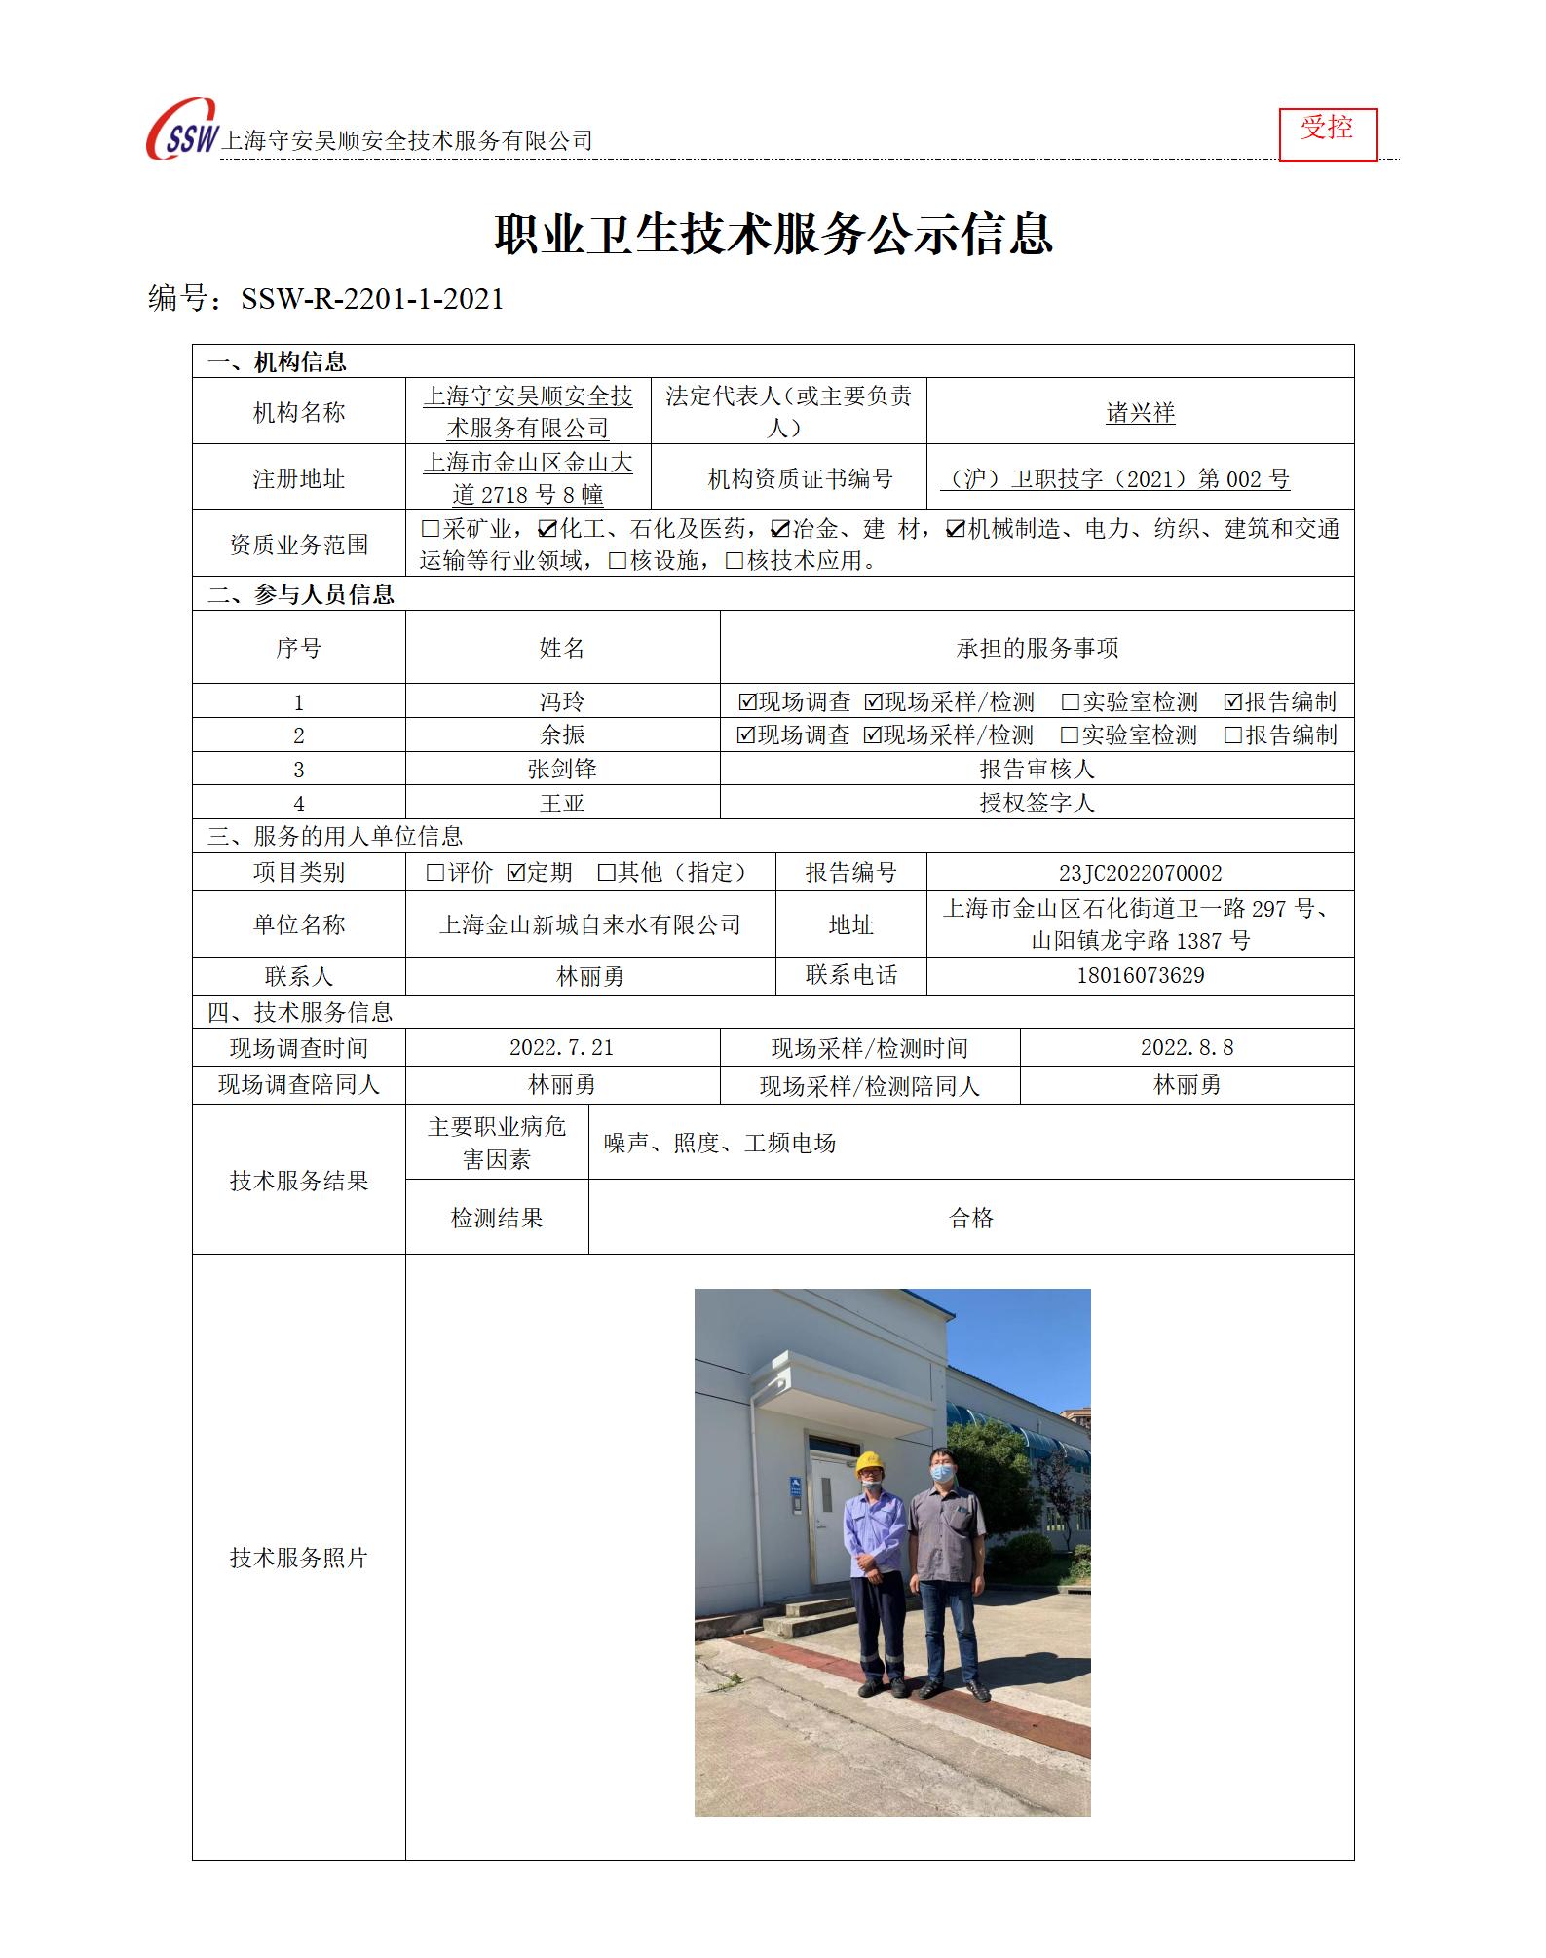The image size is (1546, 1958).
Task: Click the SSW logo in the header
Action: coord(183,132)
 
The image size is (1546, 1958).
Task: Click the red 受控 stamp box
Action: coord(1327,133)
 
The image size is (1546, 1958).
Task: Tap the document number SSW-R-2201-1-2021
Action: coord(372,299)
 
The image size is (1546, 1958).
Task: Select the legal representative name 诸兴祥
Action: coord(1140,413)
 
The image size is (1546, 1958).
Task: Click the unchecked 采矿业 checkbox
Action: coord(431,529)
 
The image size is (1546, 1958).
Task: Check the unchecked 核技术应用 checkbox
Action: coord(735,561)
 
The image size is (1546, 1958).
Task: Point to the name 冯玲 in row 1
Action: coord(562,701)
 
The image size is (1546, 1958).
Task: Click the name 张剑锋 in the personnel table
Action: coord(562,769)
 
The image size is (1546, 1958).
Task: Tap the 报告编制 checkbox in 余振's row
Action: coord(1233,735)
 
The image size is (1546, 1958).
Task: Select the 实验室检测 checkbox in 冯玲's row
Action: coord(1071,702)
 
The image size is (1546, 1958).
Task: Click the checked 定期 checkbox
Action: coord(516,873)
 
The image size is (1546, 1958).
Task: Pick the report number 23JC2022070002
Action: coord(1140,873)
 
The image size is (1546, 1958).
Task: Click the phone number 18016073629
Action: coord(1140,976)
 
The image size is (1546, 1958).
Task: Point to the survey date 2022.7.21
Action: coord(562,1048)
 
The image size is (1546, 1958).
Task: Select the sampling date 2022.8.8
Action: coord(1187,1048)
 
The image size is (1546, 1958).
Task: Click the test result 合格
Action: coord(970,1218)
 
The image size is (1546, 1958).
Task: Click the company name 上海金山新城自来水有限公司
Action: coord(590,924)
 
